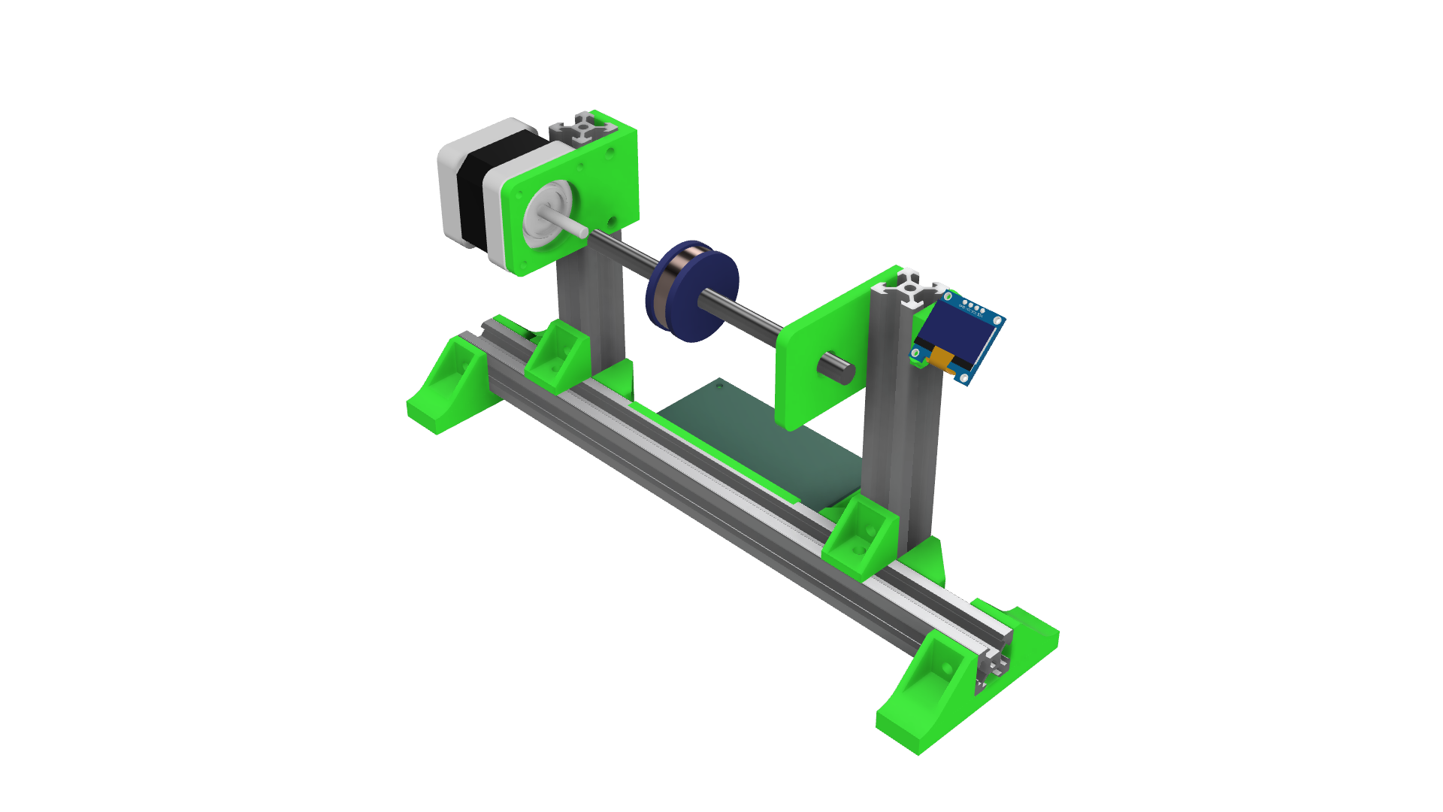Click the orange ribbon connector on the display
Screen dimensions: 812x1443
click(x=940, y=360)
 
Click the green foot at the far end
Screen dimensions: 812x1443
click(x=447, y=391)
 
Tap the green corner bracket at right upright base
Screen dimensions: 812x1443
click(x=861, y=538)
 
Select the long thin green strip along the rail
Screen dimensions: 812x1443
click(x=714, y=451)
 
